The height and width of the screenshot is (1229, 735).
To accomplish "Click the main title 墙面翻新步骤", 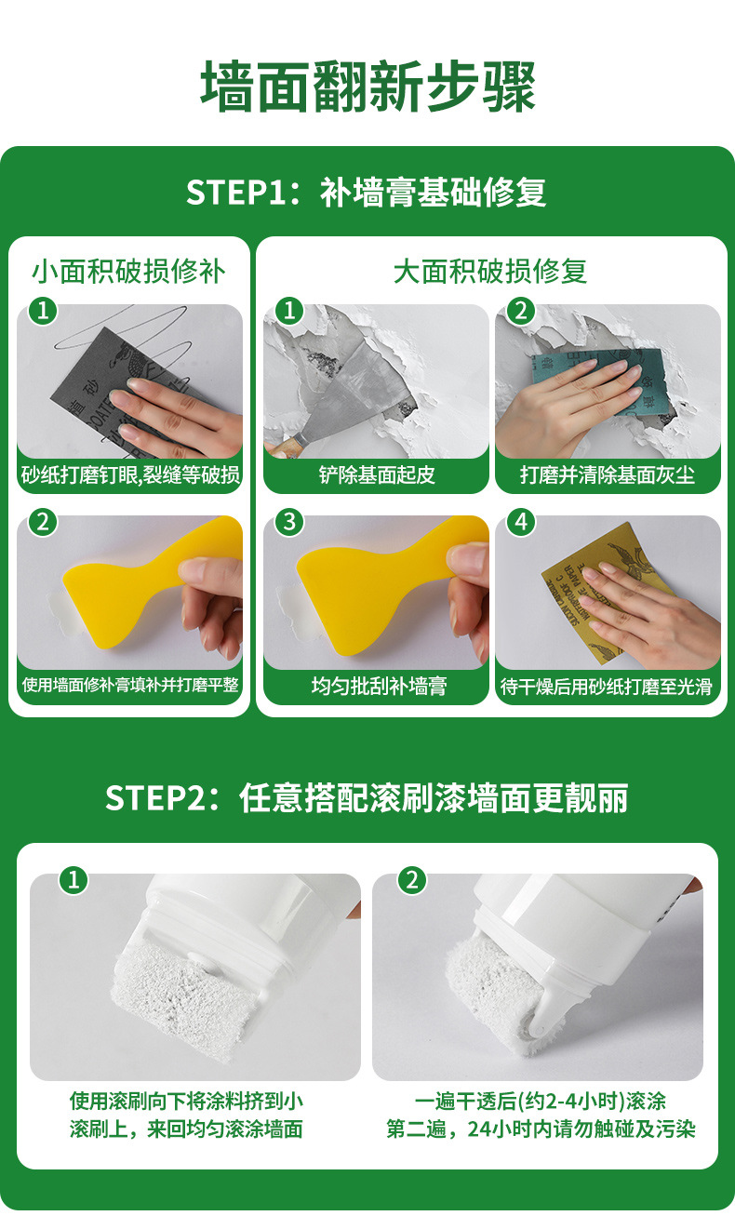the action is click(367, 87).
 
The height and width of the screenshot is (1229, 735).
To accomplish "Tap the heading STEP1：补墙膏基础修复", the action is click(366, 193).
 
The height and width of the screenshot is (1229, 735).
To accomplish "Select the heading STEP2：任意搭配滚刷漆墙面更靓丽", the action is click(367, 797).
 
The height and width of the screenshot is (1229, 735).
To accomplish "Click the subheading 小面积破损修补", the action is click(128, 271).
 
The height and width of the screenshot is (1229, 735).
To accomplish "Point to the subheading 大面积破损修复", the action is click(489, 271).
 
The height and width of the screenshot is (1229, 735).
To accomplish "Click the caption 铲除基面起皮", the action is click(377, 474).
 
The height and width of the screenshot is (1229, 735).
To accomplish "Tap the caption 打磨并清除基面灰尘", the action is click(608, 474).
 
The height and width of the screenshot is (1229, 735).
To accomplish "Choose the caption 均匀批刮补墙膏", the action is click(379, 686).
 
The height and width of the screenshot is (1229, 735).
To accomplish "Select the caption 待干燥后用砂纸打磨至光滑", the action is click(606, 686).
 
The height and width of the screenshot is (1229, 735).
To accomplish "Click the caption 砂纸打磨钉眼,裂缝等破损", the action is click(130, 474).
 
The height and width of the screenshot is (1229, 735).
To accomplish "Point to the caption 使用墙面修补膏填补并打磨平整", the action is click(130, 685).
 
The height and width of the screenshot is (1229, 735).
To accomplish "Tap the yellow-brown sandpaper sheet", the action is click(608, 593).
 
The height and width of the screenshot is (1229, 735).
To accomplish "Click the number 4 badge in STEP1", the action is click(521, 522).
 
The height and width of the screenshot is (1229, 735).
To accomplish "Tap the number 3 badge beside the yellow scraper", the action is click(289, 522).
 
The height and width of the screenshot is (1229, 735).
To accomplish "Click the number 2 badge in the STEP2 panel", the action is click(412, 881).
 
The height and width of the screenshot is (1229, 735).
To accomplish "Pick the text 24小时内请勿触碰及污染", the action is click(581, 1129).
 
